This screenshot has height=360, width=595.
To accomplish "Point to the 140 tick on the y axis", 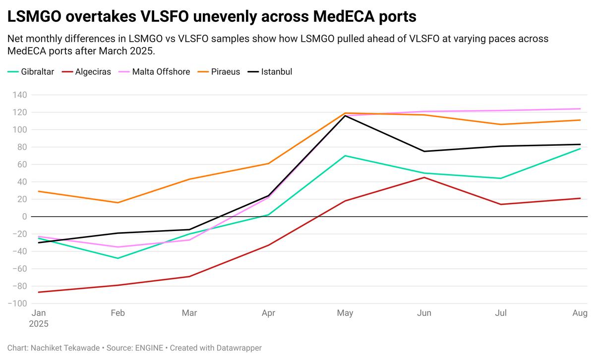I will pyautogui.click(x=19, y=95).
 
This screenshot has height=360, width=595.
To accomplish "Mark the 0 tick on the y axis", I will pyautogui.click(x=24, y=217).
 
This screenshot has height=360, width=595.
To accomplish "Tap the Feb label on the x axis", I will pyautogui.click(x=118, y=313).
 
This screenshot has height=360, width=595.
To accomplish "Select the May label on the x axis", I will pyautogui.click(x=345, y=313).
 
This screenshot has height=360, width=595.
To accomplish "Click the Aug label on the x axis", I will pyautogui.click(x=580, y=313).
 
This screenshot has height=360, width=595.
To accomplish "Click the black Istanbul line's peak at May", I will pyautogui.click(x=345, y=116).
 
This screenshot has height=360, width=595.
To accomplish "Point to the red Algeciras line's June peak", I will pyautogui.click(x=424, y=178).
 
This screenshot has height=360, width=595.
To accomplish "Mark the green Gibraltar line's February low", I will pyautogui.click(x=118, y=258).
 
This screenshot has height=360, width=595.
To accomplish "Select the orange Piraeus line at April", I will pyautogui.click(x=268, y=164).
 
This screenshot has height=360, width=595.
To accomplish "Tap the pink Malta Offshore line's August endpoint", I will pyautogui.click(x=580, y=109).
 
